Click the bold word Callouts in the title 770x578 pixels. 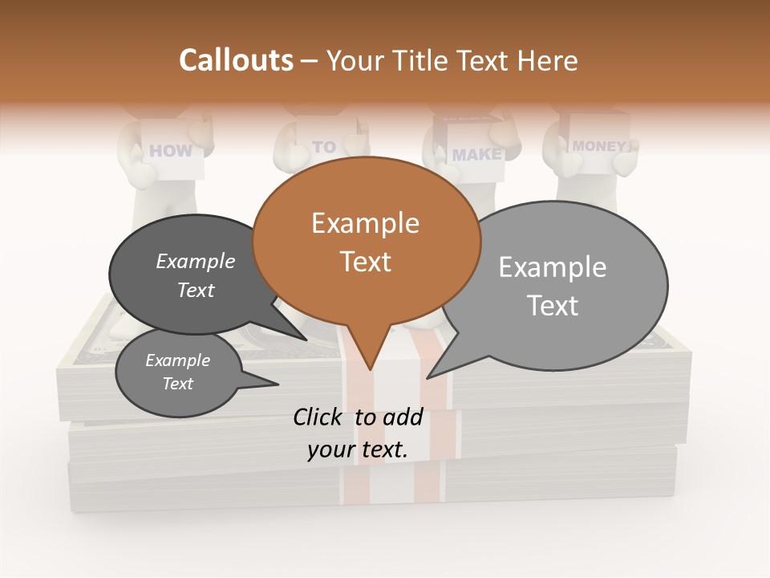236,60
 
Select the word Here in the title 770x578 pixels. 549,60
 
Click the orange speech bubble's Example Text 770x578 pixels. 366,242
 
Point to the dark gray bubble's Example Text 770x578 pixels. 196,275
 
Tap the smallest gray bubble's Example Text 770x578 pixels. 178,372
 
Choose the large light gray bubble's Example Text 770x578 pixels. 553,286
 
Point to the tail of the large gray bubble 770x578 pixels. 437,369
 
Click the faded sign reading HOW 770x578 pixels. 171,150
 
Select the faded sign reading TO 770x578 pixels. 324,147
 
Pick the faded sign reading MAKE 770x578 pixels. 476,154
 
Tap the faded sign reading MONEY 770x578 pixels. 598,146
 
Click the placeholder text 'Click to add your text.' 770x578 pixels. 358,433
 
